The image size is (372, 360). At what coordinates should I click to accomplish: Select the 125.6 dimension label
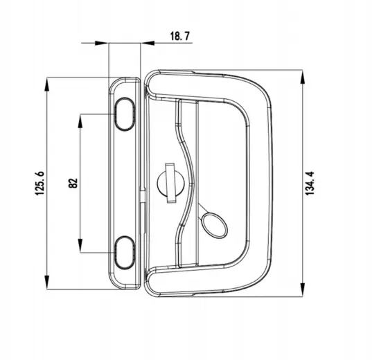pos(40,183)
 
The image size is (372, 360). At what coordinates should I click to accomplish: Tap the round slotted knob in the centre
pos(170,181)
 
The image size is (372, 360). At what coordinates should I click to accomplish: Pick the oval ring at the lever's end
pos(214,223)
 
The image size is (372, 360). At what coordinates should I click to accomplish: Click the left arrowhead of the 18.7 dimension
pos(105,43)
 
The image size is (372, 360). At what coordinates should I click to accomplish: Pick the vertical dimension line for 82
pos(82,152)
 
